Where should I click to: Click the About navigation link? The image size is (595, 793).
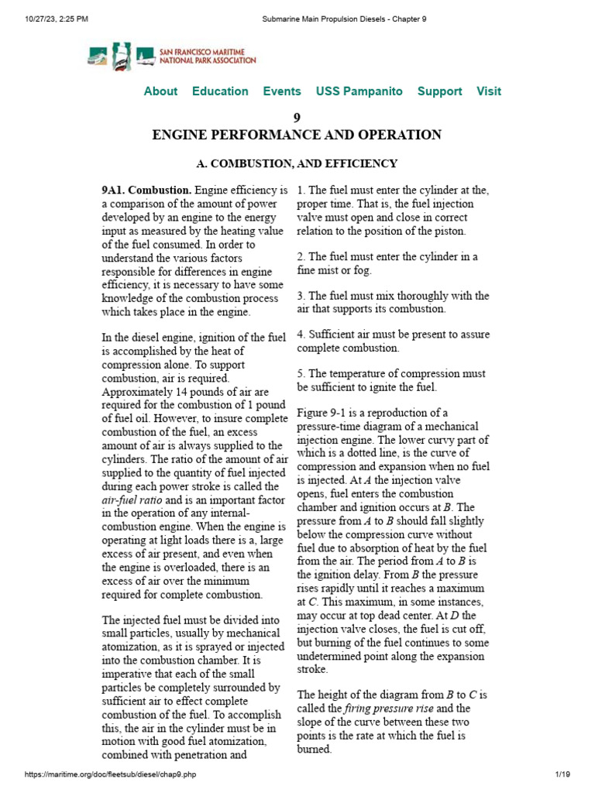(160, 91)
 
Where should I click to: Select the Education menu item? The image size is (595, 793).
(220, 91)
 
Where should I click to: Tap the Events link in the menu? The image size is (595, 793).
(282, 91)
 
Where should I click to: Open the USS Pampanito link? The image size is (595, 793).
(359, 91)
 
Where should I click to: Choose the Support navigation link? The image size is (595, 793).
(439, 91)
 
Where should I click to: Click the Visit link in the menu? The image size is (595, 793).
(488, 91)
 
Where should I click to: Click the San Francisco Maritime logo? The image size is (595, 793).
(171, 55)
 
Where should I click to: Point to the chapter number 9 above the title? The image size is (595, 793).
(297, 118)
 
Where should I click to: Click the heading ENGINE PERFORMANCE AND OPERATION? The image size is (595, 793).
(297, 135)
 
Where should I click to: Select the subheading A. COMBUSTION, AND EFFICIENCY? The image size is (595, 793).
(297, 163)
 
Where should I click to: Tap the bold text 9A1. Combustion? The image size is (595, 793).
(146, 191)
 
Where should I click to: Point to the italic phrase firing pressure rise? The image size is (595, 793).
(376, 709)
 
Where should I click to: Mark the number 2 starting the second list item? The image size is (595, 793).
(301, 256)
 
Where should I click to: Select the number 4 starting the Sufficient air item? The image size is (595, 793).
(301, 335)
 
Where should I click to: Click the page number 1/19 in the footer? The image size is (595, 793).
(562, 775)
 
